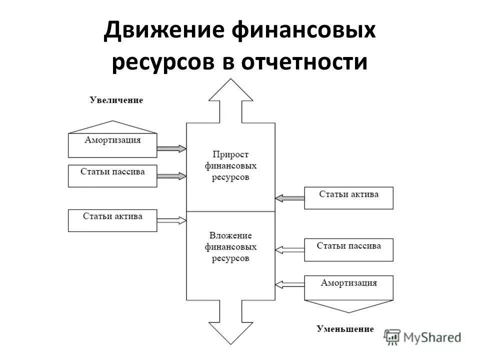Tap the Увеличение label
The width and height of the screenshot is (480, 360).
(116, 100)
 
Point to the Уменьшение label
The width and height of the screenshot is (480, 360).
(345, 329)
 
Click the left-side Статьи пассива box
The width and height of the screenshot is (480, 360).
(112, 175)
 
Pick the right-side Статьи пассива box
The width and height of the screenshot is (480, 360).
(348, 249)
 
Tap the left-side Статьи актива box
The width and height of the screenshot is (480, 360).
(112, 220)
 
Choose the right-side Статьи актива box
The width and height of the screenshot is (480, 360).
(348, 197)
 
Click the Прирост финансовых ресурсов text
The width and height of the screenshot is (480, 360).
(230, 165)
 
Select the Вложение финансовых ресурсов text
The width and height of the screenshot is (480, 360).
(230, 247)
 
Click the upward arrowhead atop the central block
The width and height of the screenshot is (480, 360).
(230, 95)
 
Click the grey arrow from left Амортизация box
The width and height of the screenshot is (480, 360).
(171, 148)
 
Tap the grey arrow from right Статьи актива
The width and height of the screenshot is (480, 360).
(289, 198)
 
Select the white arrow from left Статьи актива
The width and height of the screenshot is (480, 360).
(171, 219)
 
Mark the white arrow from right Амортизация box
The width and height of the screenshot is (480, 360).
(289, 284)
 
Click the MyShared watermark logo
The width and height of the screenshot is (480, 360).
(422, 337)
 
